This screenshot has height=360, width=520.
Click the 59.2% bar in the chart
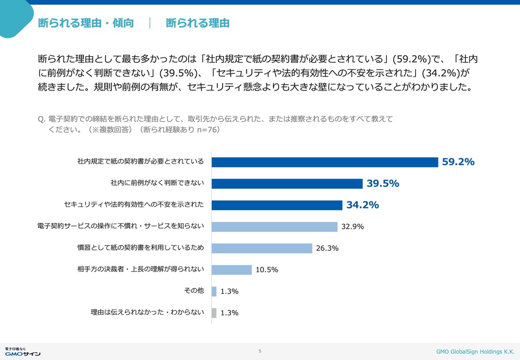[x=325, y=162]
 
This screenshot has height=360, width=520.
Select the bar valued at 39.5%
[x=287, y=184]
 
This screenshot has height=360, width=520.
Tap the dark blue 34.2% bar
[x=277, y=205]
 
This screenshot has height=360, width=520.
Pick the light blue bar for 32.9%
[x=275, y=227]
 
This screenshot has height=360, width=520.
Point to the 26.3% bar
[x=262, y=248]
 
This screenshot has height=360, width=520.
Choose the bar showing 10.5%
[x=232, y=270]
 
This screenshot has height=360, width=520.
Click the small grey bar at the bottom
[x=214, y=313]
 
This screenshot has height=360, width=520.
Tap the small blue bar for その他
[x=214, y=291]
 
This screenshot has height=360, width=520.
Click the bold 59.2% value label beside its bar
[x=458, y=162]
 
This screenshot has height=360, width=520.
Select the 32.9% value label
[x=353, y=227]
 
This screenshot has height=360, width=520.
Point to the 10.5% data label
[x=267, y=270]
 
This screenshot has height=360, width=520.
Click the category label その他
[x=194, y=291]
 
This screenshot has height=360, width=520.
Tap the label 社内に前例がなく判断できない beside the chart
[x=157, y=183]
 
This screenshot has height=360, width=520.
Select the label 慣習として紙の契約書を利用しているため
[x=140, y=248]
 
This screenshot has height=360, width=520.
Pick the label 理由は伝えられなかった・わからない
[x=148, y=312]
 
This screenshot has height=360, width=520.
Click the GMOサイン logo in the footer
[x=22, y=352]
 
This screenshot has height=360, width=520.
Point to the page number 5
[x=260, y=351]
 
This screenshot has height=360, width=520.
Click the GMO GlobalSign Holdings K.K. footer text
[x=475, y=352]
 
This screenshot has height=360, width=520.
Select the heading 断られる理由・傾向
[x=86, y=23]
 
